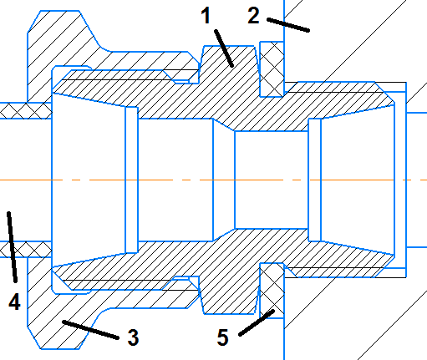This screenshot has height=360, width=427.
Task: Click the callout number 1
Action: point(206,16)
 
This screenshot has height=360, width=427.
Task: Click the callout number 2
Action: point(253,16)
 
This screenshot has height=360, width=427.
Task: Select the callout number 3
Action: point(133,337)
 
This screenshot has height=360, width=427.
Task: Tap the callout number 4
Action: point(14,302)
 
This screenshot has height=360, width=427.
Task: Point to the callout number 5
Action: point(222,337)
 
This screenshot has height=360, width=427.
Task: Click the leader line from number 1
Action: point(224,48)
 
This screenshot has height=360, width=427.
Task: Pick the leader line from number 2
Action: point(288,25)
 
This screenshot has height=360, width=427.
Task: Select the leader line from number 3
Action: point(91,330)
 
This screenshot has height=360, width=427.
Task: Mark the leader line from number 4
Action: point(13,247)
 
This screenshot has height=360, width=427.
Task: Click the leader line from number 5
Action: point(257,322)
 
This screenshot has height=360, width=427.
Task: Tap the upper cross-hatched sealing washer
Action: point(272,69)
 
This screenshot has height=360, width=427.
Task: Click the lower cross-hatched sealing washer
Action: point(272,291)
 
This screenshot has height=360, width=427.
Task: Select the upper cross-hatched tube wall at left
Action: point(26,111)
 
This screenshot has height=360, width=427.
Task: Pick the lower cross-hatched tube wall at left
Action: point(26,249)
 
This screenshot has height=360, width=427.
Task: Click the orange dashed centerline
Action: point(213,180)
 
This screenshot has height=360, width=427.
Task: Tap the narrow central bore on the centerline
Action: point(272,180)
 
